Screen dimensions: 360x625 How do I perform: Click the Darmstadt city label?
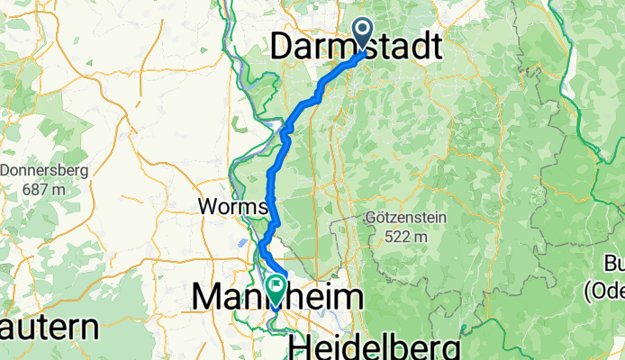click(358, 46)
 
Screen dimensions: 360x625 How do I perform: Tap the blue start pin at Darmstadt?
click(364, 33)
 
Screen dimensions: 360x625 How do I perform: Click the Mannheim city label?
click(277, 297)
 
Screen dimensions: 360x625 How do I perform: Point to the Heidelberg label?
click(375, 347)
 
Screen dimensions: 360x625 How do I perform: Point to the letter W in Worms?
click(206, 207)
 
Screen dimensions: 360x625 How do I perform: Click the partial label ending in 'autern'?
click(49, 328)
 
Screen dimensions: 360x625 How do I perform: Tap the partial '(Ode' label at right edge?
click(603, 292)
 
